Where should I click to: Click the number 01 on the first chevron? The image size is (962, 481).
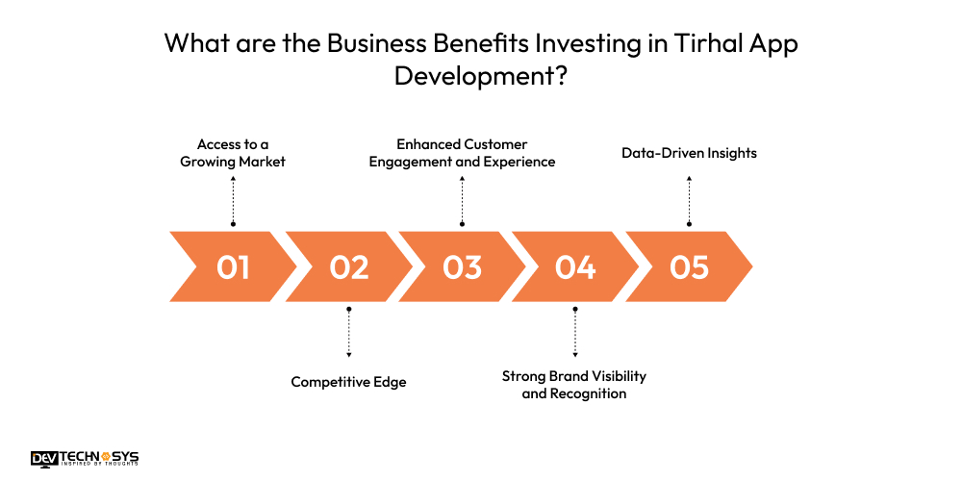click(233, 266)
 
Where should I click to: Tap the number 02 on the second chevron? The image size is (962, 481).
click(348, 266)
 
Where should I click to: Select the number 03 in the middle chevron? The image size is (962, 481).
click(462, 266)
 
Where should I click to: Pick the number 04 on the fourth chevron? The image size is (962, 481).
click(575, 266)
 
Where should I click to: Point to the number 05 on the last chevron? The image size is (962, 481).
click(689, 266)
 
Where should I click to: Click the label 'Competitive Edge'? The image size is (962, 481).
click(348, 382)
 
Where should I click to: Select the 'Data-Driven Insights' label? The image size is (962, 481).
click(689, 152)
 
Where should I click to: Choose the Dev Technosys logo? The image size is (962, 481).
click(84, 459)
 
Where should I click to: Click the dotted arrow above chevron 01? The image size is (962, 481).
click(233, 200)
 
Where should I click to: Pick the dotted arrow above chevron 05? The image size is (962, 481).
click(689, 200)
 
